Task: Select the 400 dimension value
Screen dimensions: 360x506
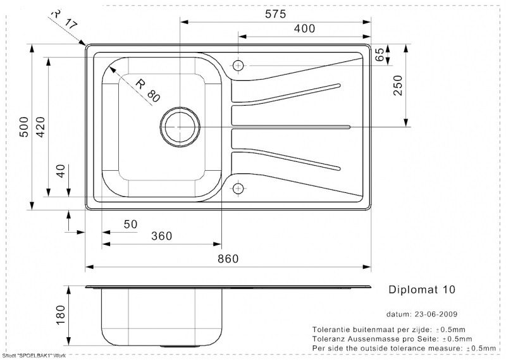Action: [x=305, y=28]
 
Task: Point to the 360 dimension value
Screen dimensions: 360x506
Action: [x=162, y=236]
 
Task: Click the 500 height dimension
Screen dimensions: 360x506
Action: [x=24, y=127]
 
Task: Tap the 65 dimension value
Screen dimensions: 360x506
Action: [x=379, y=55]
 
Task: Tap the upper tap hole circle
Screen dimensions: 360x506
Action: [x=238, y=65]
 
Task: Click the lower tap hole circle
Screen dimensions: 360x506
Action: [x=238, y=188]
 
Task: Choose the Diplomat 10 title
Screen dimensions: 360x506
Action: [x=420, y=289]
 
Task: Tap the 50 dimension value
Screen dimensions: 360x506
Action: [x=130, y=223]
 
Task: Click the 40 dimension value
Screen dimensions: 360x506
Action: [x=61, y=171]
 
